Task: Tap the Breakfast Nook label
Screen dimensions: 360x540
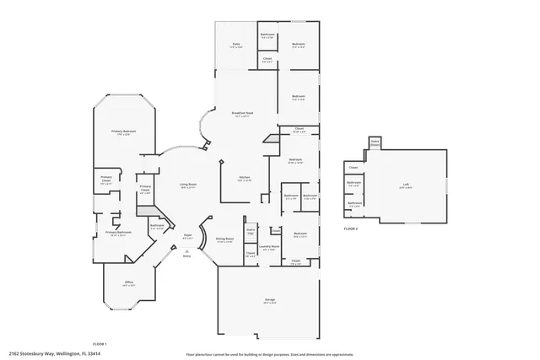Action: click(243, 113)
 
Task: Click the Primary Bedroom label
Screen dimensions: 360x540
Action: click(124, 132)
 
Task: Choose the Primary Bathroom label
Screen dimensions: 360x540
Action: click(117, 233)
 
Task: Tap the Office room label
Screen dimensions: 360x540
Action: click(129, 282)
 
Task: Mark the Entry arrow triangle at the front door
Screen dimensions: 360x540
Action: click(187, 250)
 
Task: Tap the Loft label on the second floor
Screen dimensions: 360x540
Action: click(406, 185)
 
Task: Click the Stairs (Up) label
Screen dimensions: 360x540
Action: click(251, 230)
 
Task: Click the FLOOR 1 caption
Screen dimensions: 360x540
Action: click(100, 344)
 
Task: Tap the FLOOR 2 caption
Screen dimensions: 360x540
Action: click(351, 228)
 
